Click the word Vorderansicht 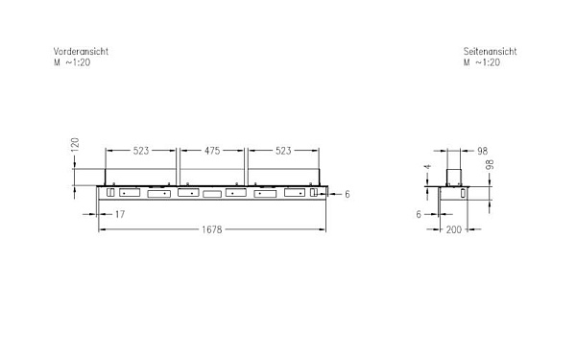click(x=81, y=52)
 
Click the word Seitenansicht click(x=490, y=52)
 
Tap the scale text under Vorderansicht click(x=72, y=62)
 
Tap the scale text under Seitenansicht click(x=482, y=62)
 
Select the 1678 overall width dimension click(x=212, y=229)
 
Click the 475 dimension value click(x=212, y=151)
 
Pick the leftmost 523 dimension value click(x=141, y=151)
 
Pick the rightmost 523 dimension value click(x=283, y=151)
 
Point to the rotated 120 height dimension click(x=75, y=144)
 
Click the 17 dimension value click(x=120, y=214)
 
